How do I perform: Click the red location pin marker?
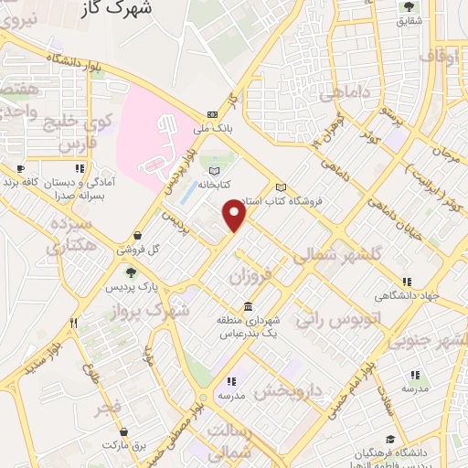(236, 216)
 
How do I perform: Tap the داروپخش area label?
(289, 390)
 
